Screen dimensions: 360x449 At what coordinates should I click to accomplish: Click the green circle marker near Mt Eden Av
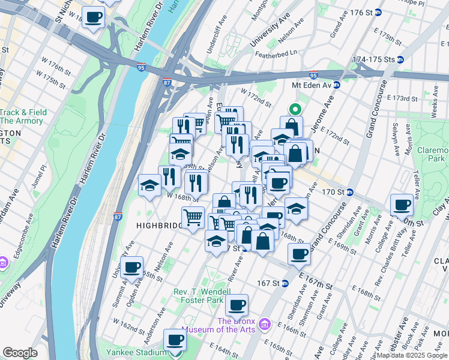click(x=295, y=109)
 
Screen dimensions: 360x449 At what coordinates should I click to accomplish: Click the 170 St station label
click(x=333, y=192)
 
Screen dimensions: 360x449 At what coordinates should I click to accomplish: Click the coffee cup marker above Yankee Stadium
click(x=175, y=340)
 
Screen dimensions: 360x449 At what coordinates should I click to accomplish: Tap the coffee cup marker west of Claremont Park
click(x=402, y=205)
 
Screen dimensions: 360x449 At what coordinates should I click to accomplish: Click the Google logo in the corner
click(x=20, y=353)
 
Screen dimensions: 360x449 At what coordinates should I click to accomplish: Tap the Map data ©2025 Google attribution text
click(x=411, y=355)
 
